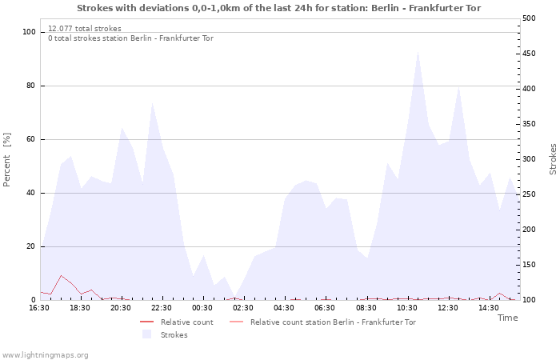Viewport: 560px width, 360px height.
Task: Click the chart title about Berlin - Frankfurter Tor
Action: (x=278, y=8)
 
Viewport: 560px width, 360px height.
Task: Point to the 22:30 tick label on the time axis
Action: (x=162, y=308)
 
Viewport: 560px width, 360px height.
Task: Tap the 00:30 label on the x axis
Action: (x=202, y=308)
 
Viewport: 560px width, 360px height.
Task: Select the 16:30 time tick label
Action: (x=39, y=308)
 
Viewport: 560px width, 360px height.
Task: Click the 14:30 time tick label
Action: (x=488, y=308)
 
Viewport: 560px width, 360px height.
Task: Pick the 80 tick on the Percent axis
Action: (x=30, y=86)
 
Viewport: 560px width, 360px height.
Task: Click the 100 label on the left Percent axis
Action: (x=29, y=32)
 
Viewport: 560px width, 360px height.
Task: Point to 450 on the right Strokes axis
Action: (x=529, y=54)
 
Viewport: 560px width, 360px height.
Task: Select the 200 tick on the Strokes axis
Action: (x=529, y=230)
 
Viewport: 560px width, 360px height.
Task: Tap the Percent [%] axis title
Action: (x=6, y=160)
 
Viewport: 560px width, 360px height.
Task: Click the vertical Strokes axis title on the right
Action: (x=553, y=159)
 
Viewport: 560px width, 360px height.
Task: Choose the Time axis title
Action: (x=507, y=318)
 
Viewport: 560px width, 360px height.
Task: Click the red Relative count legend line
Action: (x=146, y=322)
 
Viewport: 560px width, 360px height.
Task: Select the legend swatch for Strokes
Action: (x=146, y=334)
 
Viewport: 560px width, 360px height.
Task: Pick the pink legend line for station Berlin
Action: (x=237, y=322)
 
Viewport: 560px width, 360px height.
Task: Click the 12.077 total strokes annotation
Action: (x=85, y=29)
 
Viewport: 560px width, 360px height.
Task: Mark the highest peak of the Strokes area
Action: (x=418, y=52)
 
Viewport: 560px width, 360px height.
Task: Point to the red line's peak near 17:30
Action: (x=61, y=276)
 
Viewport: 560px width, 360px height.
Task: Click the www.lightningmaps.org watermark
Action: (x=45, y=355)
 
